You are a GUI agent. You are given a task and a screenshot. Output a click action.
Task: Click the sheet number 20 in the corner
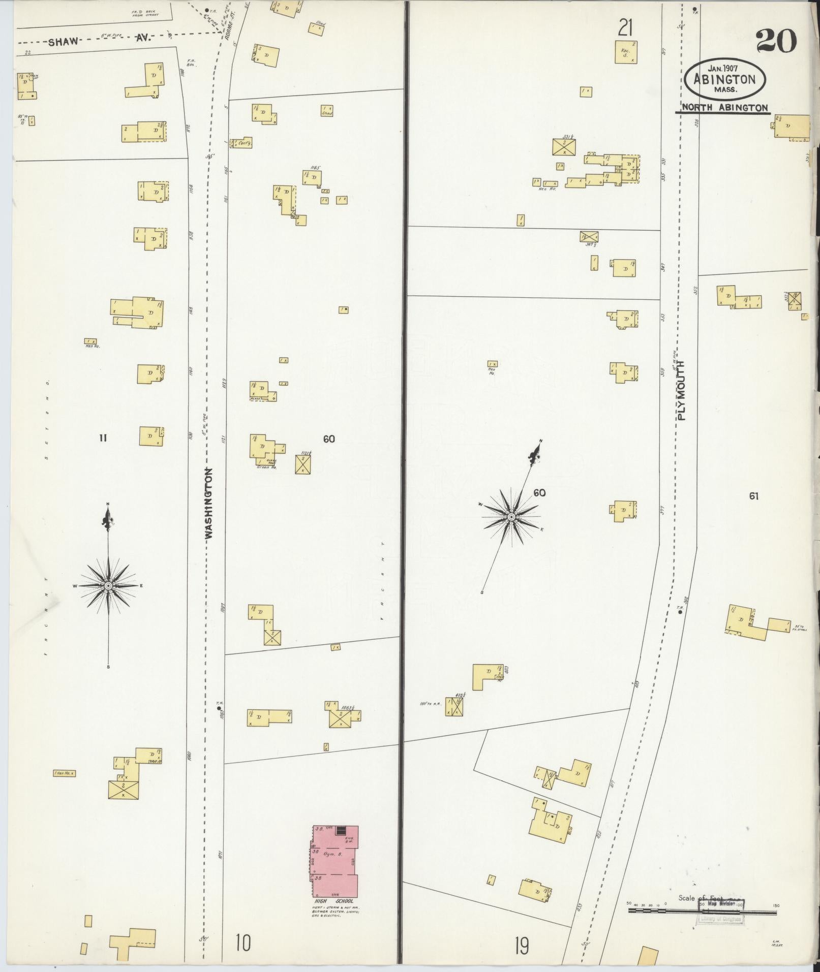click(776, 41)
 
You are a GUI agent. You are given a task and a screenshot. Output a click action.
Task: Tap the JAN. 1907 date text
click(723, 68)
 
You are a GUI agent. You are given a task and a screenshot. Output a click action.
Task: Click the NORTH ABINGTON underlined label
click(724, 107)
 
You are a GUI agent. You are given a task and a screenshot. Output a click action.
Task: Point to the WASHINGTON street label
click(208, 503)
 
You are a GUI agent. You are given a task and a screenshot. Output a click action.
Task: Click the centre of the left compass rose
click(108, 586)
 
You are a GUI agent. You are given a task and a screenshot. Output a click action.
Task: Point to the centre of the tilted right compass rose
click(511, 517)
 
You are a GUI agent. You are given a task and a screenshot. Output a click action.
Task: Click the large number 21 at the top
click(625, 27)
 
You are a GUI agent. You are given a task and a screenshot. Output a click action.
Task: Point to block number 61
click(753, 496)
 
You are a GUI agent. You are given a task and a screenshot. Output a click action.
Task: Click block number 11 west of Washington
click(103, 437)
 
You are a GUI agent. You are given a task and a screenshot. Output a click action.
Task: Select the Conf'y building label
click(245, 144)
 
